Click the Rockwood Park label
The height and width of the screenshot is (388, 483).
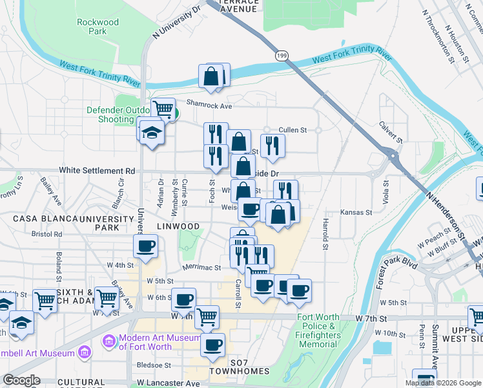[98, 27]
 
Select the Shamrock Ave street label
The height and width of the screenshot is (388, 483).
[209, 105]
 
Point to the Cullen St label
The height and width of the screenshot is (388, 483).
[293, 130]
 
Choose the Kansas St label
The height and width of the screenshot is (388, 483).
[357, 212]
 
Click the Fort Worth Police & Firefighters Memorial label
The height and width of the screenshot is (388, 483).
[319, 330]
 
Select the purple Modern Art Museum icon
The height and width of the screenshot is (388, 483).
[108, 339]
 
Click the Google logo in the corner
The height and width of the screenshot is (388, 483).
[21, 380]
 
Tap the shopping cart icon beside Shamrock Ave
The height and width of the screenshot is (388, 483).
[163, 108]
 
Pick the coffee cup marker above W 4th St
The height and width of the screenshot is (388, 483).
[146, 246]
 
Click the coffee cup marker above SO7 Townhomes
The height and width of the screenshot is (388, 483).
[213, 345]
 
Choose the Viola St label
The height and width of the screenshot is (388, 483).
[385, 192]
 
